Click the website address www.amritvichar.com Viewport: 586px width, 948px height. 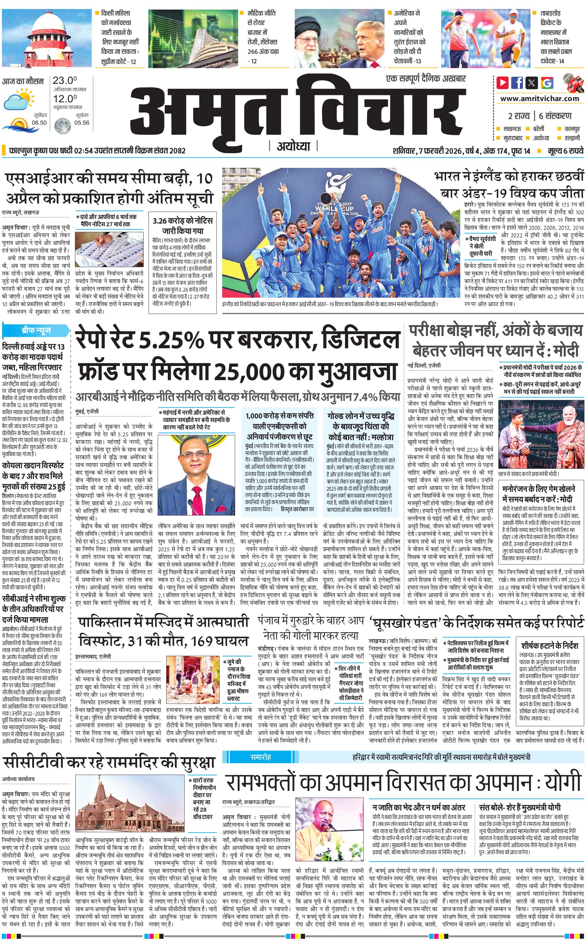point(539,99)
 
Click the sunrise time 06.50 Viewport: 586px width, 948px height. point(39,123)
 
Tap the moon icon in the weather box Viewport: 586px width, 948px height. point(61,126)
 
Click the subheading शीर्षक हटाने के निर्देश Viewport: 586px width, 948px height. point(550,646)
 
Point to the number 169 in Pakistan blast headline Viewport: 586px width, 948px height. point(209,640)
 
